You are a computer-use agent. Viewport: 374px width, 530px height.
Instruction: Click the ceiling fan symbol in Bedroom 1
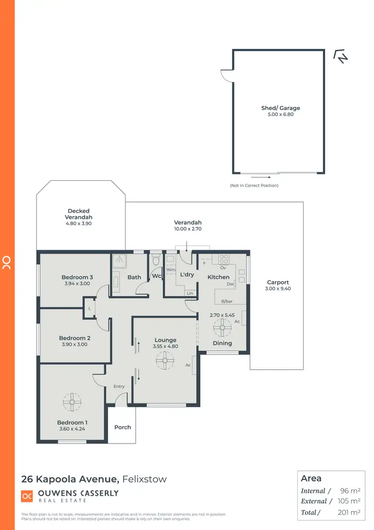72,401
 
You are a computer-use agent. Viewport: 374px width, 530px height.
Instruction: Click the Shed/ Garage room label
281,108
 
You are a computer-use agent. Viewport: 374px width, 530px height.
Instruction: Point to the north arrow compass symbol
341,57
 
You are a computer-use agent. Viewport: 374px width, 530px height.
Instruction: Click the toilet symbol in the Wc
156,260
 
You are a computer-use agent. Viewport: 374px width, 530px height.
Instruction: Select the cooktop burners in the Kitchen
223,259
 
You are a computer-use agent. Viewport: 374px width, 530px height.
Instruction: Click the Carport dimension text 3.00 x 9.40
278,289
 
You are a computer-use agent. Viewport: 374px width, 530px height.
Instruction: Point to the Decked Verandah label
79,214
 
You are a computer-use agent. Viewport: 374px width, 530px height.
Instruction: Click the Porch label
123,427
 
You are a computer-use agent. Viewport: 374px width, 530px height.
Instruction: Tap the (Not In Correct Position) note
254,185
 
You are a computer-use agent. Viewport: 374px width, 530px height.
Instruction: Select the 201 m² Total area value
350,512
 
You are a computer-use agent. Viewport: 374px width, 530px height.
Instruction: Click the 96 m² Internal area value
351,491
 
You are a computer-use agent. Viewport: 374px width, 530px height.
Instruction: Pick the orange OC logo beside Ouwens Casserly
27,496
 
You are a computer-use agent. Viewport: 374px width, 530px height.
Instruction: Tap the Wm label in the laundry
170,270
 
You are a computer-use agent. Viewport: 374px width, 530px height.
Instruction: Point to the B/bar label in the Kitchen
227,301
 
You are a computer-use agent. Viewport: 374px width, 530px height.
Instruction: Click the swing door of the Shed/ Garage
227,76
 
